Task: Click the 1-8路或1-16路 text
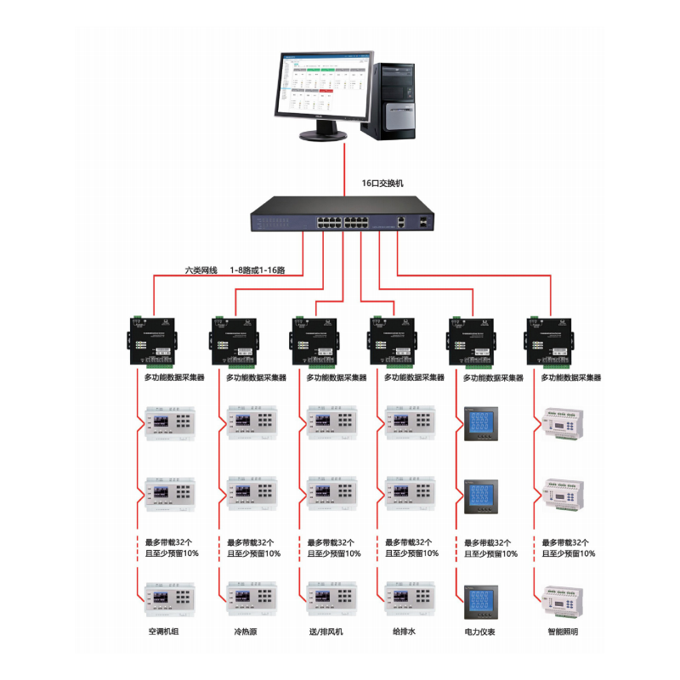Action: pyautogui.click(x=257, y=270)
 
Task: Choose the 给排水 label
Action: pyautogui.click(x=403, y=632)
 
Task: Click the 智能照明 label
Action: pyautogui.click(x=563, y=632)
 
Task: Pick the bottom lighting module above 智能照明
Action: pyautogui.click(x=562, y=598)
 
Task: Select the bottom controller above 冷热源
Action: pyautogui.click(x=252, y=598)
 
